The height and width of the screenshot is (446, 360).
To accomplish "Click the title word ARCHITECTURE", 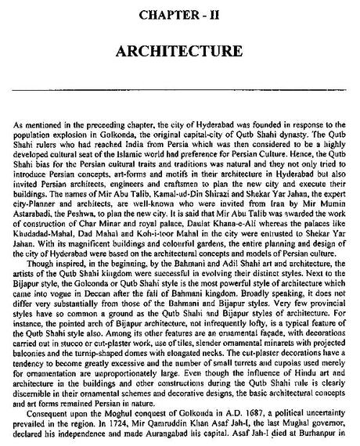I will click(179, 53).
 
